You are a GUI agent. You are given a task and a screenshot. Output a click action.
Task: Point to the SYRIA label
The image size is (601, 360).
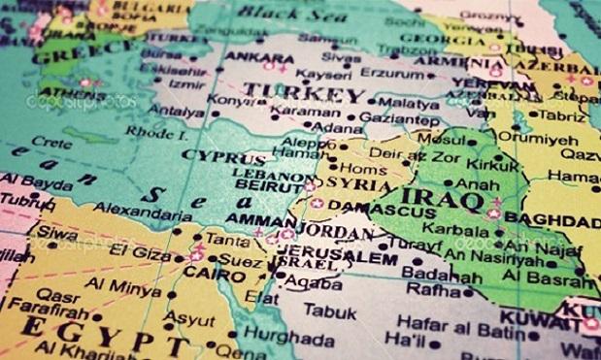click(x=361, y=184)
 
